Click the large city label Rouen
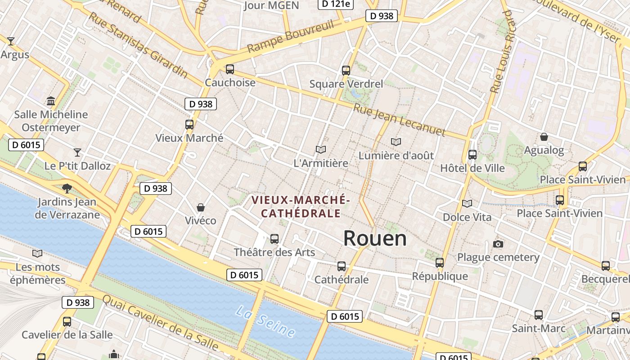click(x=375, y=238)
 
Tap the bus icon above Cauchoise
click(x=230, y=69)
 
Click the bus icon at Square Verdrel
click(x=346, y=70)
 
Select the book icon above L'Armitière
click(x=320, y=149)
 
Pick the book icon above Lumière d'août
click(x=396, y=142)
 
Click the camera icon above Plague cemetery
click(x=498, y=244)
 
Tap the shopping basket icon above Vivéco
click(x=201, y=207)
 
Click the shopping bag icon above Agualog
click(x=544, y=137)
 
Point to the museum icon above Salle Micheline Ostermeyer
click(x=50, y=101)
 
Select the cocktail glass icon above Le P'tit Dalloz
click(x=77, y=153)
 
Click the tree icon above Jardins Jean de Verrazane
click(x=67, y=188)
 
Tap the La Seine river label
click(x=265, y=322)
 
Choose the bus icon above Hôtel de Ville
click(x=472, y=155)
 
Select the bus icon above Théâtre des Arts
click(x=274, y=239)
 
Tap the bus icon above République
click(x=439, y=262)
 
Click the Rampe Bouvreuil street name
click(x=291, y=36)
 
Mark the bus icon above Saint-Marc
click(x=538, y=315)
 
